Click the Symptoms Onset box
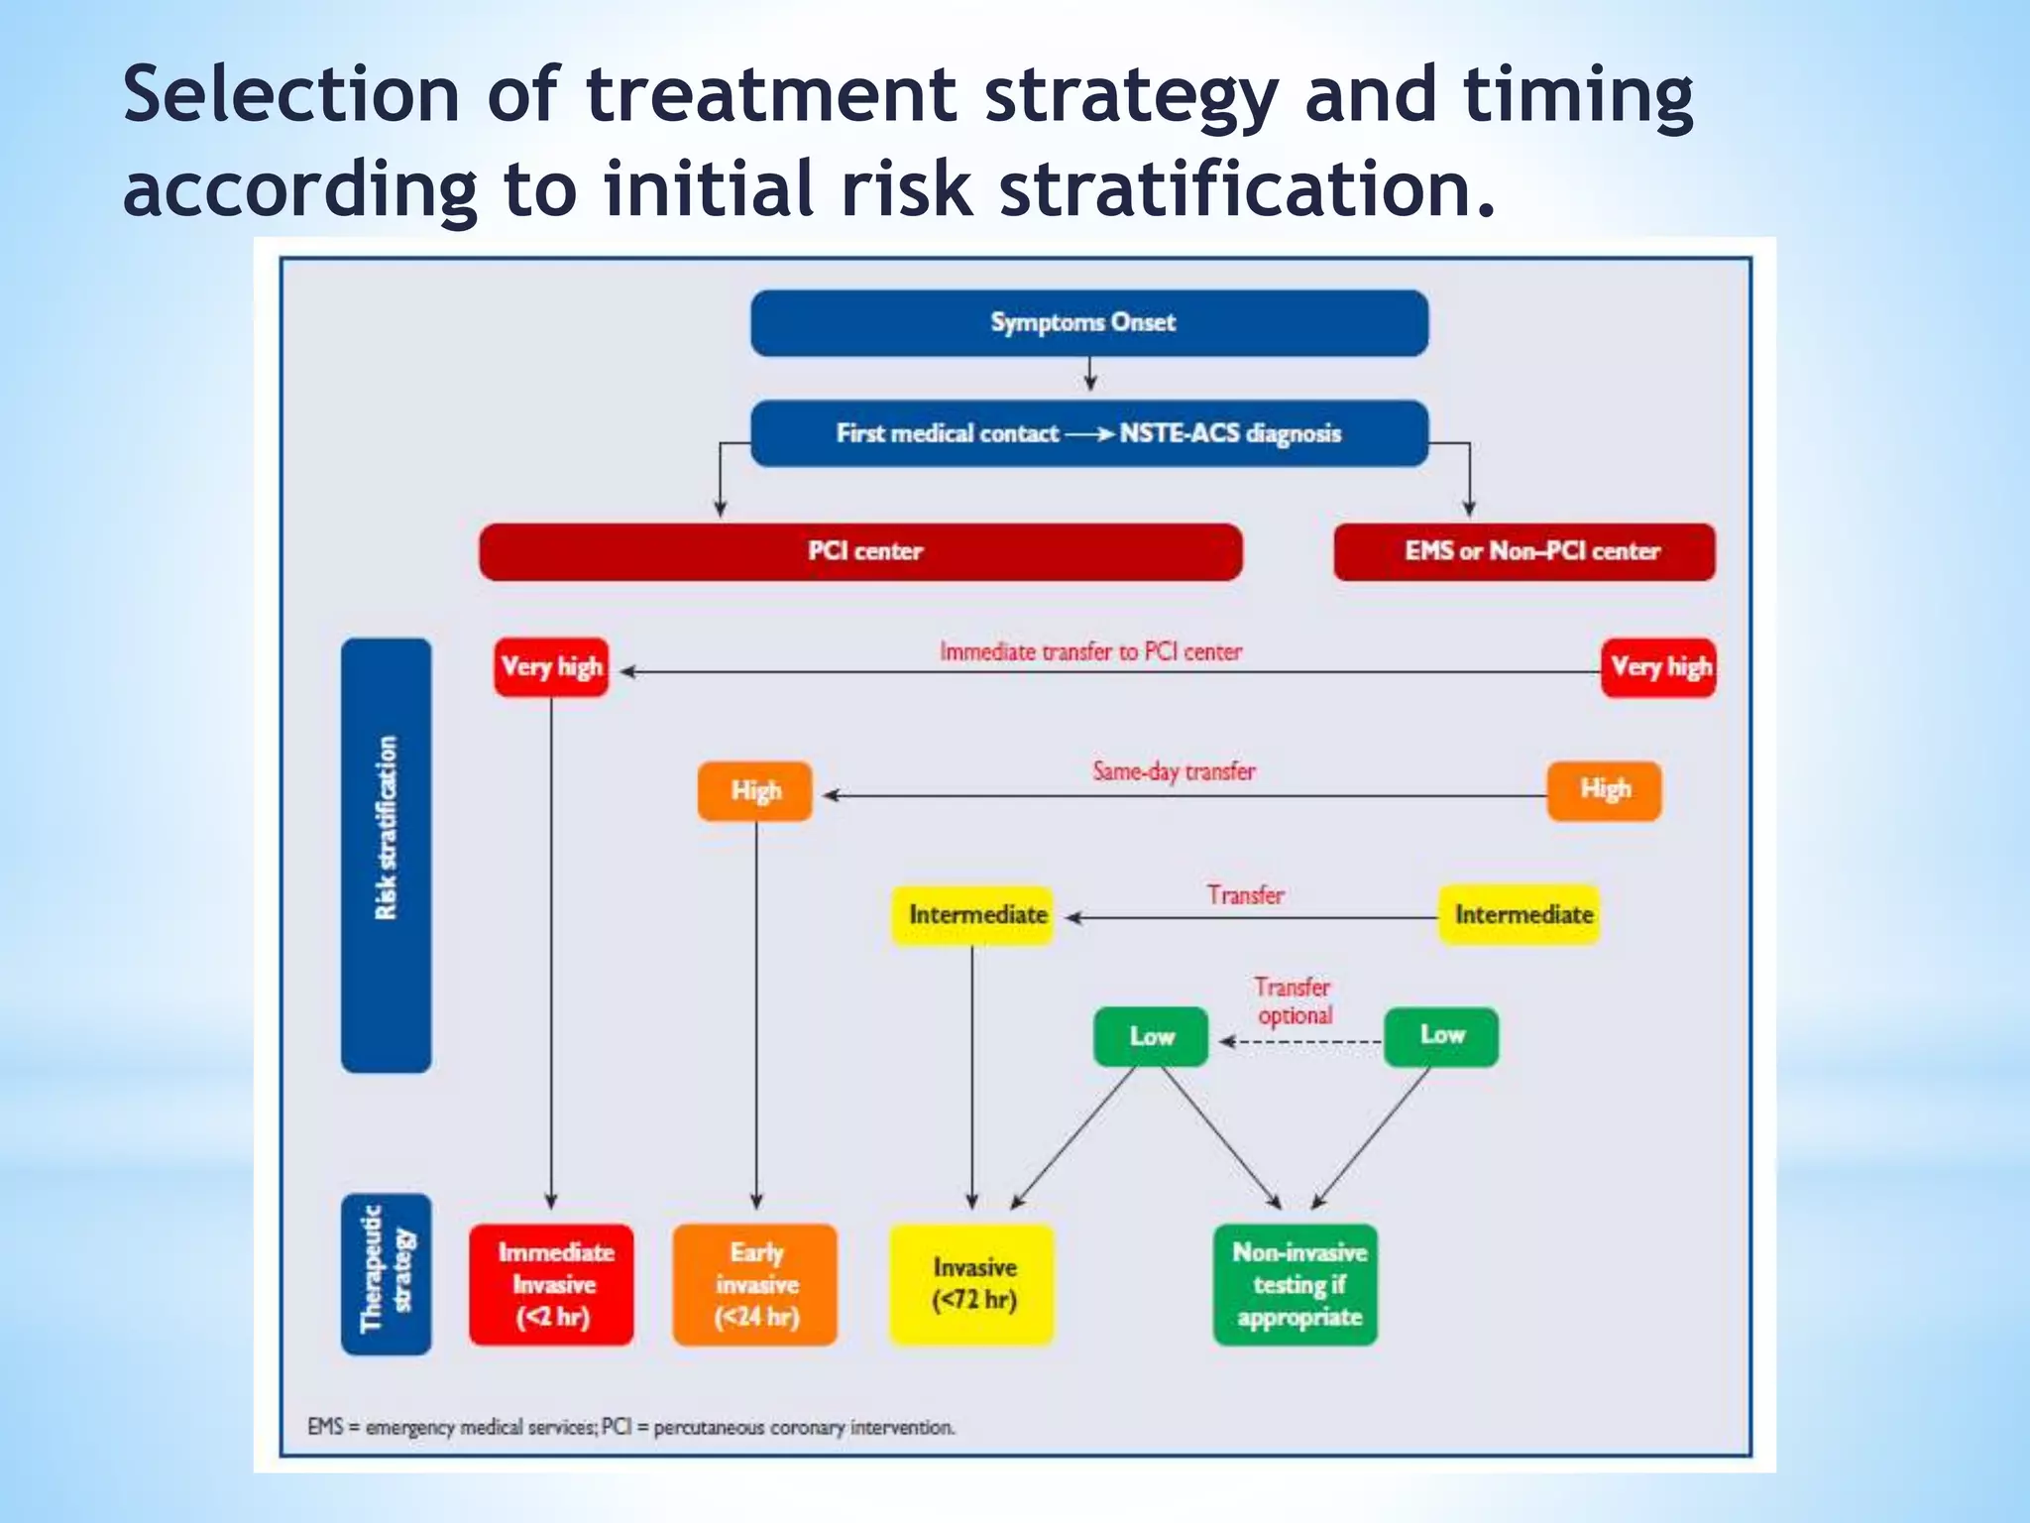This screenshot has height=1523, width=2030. tap(1088, 323)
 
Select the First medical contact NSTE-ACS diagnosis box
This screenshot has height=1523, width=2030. tap(1088, 433)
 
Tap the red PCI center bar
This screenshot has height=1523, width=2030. tap(860, 551)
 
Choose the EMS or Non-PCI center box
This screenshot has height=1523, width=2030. tap(1523, 551)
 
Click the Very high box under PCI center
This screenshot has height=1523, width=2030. tap(551, 667)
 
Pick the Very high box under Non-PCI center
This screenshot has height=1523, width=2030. tap(1658, 667)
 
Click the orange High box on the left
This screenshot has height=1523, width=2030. tap(754, 791)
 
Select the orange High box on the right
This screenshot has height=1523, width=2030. tap(1603, 790)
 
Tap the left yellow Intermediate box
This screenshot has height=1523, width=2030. tap(972, 915)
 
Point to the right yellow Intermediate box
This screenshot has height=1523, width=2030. tap(1520, 914)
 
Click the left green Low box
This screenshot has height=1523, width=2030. tap(1150, 1037)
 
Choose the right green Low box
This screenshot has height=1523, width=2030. tap(1440, 1036)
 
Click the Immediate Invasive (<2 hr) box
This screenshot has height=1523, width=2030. tap(551, 1284)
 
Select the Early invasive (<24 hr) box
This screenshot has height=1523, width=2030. tap(754, 1284)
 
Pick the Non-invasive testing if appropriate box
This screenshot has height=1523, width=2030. tap(1296, 1284)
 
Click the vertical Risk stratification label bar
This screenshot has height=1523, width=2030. tap(386, 855)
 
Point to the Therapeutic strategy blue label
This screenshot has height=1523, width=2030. tap(386, 1273)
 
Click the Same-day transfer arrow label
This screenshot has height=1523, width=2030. tap(1174, 771)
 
